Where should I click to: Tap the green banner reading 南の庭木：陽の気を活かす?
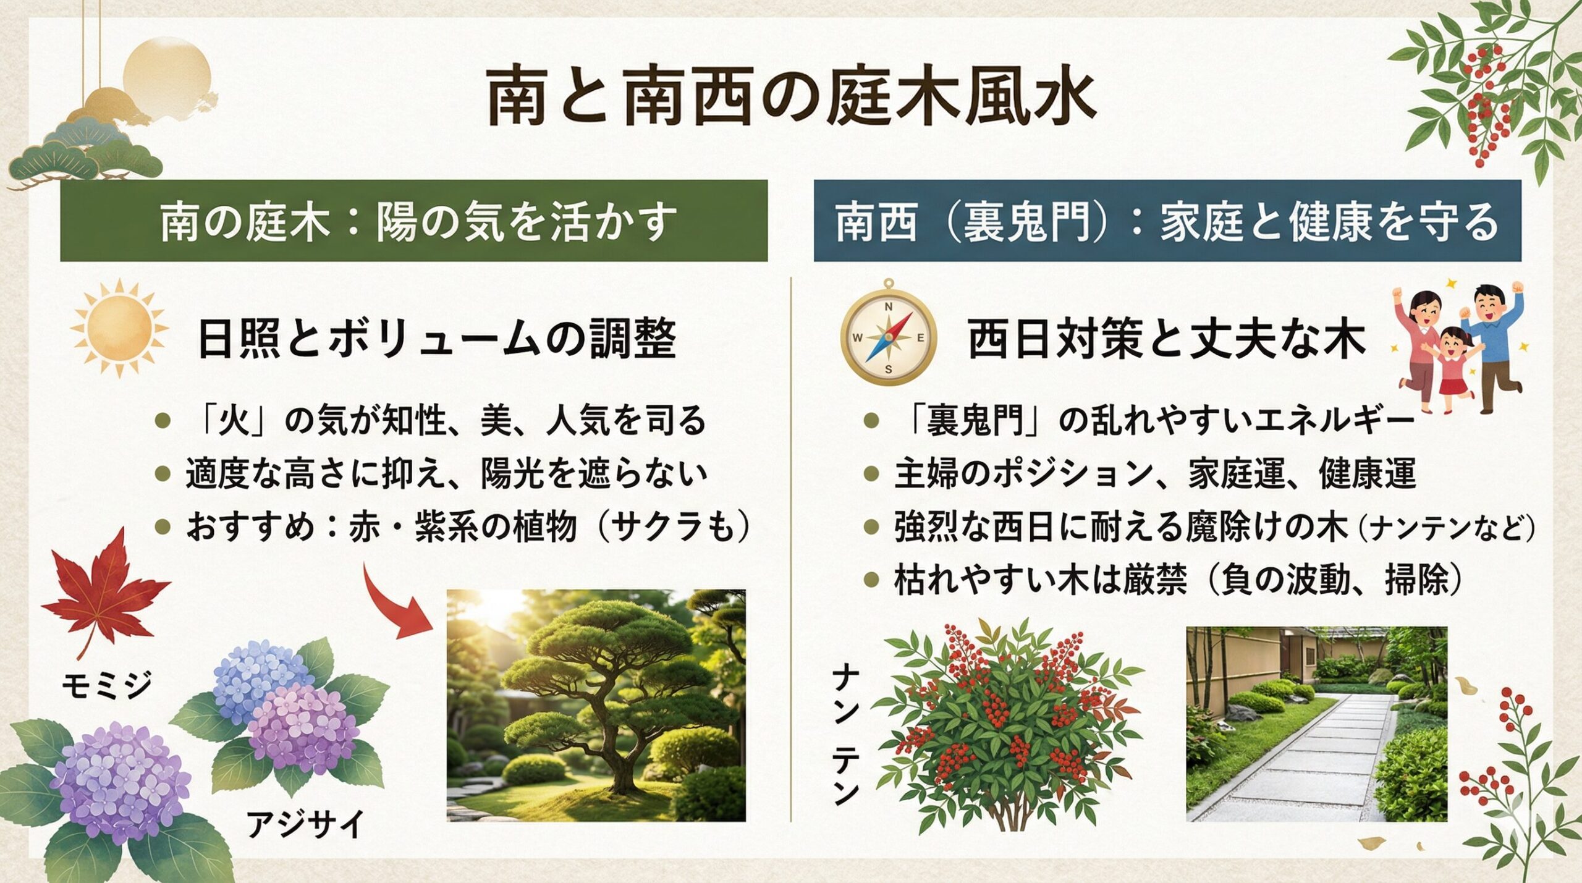click(x=414, y=221)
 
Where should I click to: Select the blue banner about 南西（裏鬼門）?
click(x=1167, y=221)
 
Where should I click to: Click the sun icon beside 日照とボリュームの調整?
click(x=119, y=328)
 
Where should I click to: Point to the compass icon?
click(x=888, y=336)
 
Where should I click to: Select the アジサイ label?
click(x=305, y=824)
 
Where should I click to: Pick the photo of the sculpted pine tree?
click(x=596, y=705)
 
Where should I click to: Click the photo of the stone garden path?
click(x=1316, y=724)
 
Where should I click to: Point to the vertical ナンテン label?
click(x=845, y=735)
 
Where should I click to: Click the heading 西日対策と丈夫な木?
click(x=1165, y=339)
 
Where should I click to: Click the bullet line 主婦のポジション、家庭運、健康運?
click(x=1154, y=474)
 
